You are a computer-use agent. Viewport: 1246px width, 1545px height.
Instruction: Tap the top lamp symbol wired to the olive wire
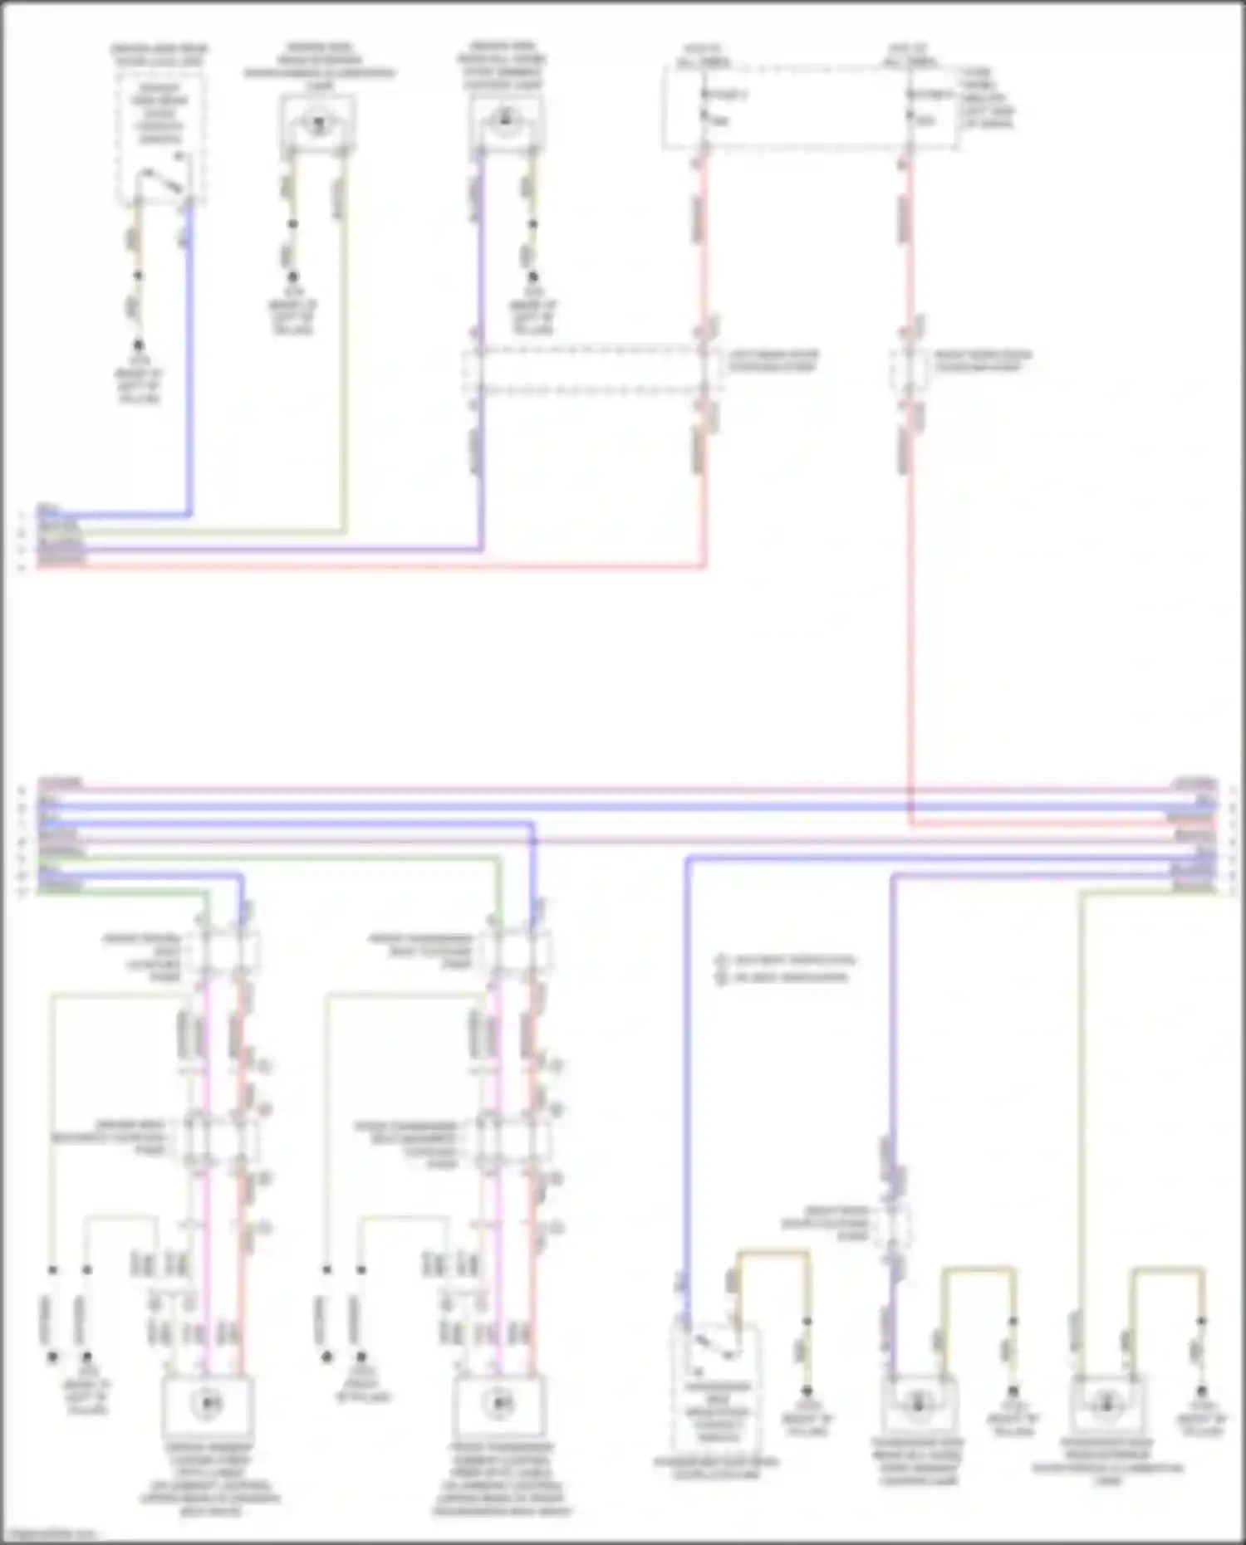pos(318,124)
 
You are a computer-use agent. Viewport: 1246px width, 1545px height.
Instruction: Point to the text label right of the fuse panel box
pos(988,98)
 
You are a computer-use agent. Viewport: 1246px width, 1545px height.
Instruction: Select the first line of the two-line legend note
pos(785,961)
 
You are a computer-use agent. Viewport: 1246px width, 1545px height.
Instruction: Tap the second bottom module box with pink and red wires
pos(498,1403)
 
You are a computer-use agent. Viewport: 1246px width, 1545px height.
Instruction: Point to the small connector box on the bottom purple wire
pos(895,1222)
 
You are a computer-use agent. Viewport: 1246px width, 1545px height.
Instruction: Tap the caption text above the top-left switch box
pos(159,56)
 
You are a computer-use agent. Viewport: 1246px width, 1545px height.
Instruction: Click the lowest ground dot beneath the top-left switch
pos(139,344)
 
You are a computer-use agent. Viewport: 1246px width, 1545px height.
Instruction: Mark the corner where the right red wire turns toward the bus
pos(911,825)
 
